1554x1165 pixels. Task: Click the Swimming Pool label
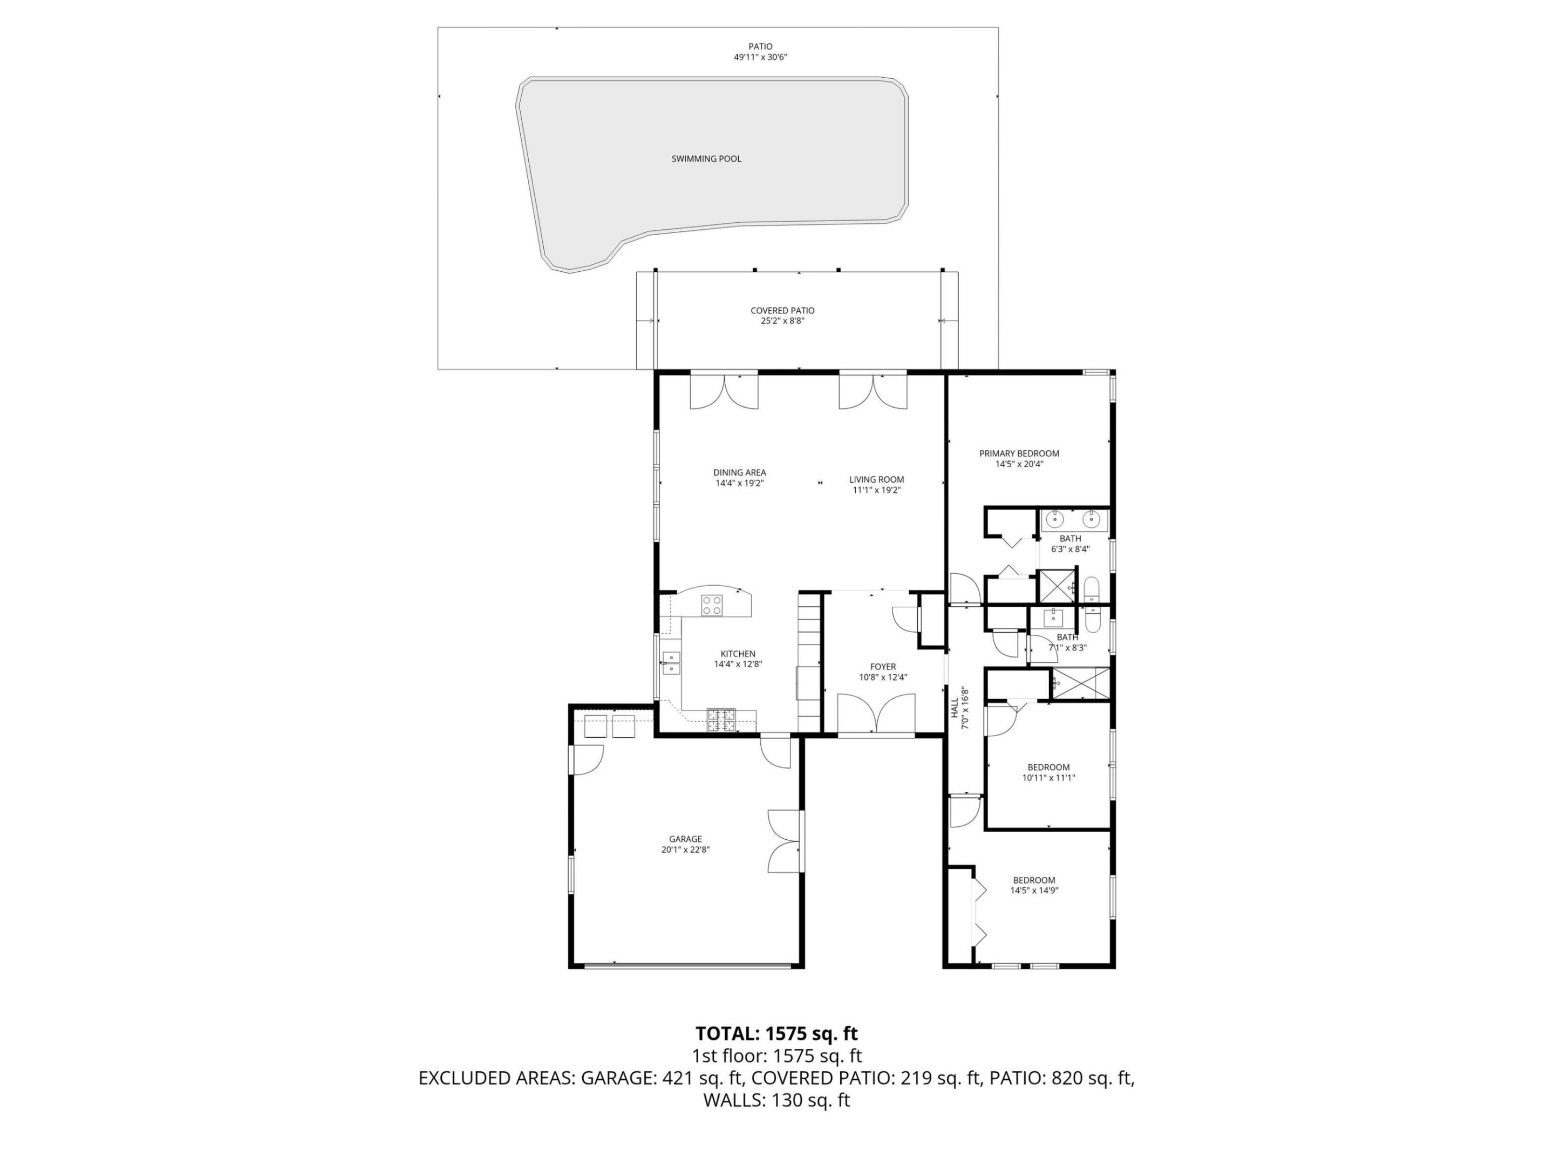pyautogui.click(x=706, y=159)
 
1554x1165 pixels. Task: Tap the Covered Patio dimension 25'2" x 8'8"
pyautogui.click(x=782, y=321)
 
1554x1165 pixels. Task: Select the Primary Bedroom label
pyautogui.click(x=1019, y=454)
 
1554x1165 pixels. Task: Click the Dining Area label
pyautogui.click(x=739, y=472)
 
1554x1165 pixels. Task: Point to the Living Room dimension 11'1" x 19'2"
pyautogui.click(x=876, y=490)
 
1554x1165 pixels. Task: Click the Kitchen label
pyautogui.click(x=738, y=654)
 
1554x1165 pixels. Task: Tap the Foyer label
pyautogui.click(x=882, y=667)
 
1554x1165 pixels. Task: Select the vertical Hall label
pyautogui.click(x=955, y=707)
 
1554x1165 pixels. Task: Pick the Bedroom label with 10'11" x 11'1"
pyautogui.click(x=1048, y=767)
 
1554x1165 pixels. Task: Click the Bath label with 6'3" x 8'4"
pyautogui.click(x=1070, y=539)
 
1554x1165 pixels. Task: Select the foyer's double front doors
pyautogui.click(x=875, y=714)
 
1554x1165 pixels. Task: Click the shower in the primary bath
pyautogui.click(x=1056, y=587)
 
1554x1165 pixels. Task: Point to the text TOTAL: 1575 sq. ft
pyautogui.click(x=776, y=1034)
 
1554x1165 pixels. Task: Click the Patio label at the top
pyautogui.click(x=760, y=46)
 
